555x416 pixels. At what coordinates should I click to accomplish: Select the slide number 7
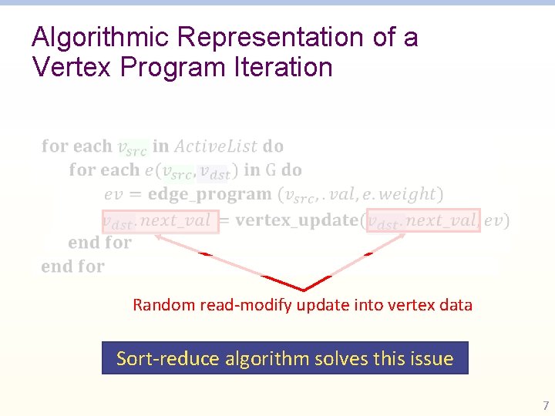pos(546,405)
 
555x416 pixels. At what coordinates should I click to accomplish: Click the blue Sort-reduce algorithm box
pos(284,358)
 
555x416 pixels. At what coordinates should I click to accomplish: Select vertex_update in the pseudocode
pos(297,221)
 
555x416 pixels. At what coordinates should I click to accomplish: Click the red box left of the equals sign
pos(160,221)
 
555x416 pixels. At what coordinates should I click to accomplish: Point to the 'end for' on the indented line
pos(99,243)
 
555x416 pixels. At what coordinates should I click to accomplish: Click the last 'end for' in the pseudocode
pos(72,267)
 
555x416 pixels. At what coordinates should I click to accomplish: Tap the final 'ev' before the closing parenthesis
pos(494,221)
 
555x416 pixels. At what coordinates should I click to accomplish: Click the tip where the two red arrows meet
pos(303,290)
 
